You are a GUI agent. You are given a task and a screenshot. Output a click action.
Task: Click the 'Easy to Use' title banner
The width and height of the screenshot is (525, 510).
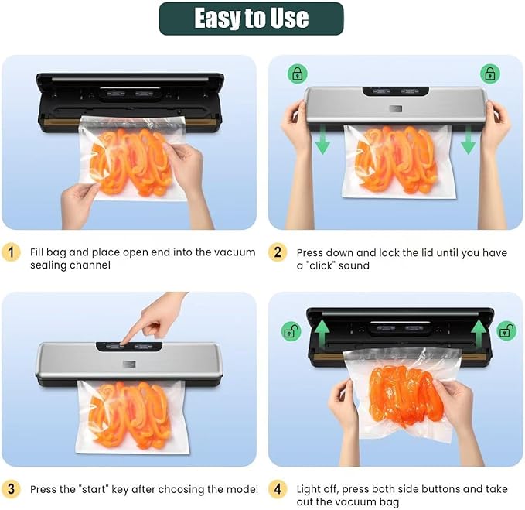point(251,19)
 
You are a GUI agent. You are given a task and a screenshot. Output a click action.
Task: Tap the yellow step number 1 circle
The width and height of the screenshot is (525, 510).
point(11,252)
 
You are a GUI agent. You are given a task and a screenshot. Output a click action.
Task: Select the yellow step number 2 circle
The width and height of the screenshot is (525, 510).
point(278,252)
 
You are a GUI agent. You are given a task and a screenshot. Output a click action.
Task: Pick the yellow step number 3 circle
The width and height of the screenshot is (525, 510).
point(11,489)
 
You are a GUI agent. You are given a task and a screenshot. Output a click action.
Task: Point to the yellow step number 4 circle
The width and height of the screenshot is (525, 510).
point(278,489)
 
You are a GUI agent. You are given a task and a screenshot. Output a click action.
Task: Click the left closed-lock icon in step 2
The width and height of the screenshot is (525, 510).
point(297,74)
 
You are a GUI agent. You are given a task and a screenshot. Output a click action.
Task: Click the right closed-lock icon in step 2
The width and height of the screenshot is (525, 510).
point(489,74)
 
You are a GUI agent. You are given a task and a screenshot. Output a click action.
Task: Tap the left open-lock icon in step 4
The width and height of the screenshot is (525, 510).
point(291,332)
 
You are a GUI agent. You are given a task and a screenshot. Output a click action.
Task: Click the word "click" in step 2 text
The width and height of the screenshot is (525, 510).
point(322,265)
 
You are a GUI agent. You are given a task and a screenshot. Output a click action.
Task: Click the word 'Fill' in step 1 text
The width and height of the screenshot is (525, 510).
point(36,252)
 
